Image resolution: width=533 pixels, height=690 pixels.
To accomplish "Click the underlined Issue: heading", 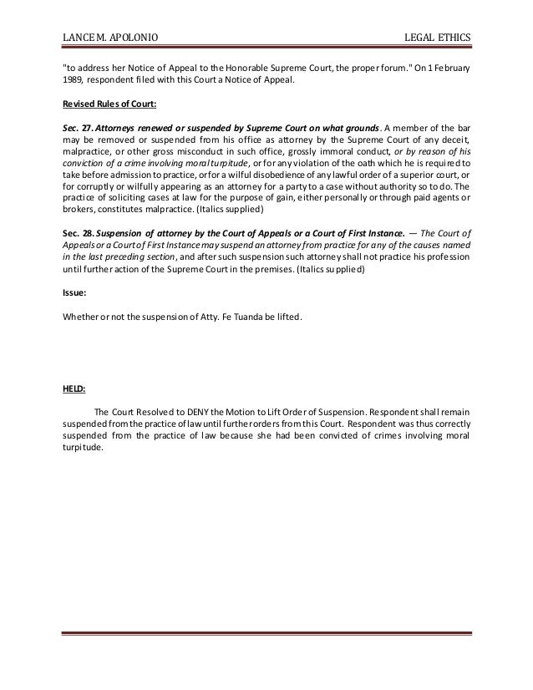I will click(75, 294).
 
